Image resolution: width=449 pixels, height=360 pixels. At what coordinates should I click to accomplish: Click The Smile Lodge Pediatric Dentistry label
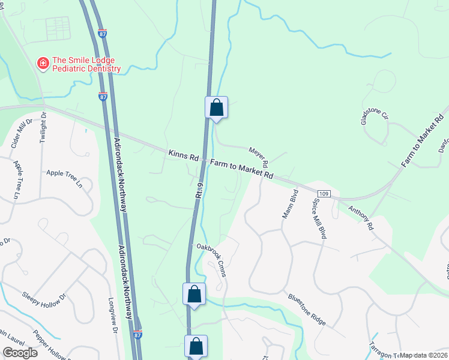point(86,64)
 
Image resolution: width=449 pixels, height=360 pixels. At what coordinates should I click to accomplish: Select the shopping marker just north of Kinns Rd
point(217,108)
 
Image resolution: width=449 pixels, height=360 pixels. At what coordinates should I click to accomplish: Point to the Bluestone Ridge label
point(307,309)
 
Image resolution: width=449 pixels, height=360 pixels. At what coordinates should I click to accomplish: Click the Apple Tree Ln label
point(64,179)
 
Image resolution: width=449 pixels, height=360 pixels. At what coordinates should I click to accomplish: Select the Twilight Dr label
point(43,127)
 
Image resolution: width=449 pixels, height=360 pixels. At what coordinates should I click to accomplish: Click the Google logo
point(20,352)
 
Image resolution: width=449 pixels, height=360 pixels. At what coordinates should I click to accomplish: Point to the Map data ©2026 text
point(423,355)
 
